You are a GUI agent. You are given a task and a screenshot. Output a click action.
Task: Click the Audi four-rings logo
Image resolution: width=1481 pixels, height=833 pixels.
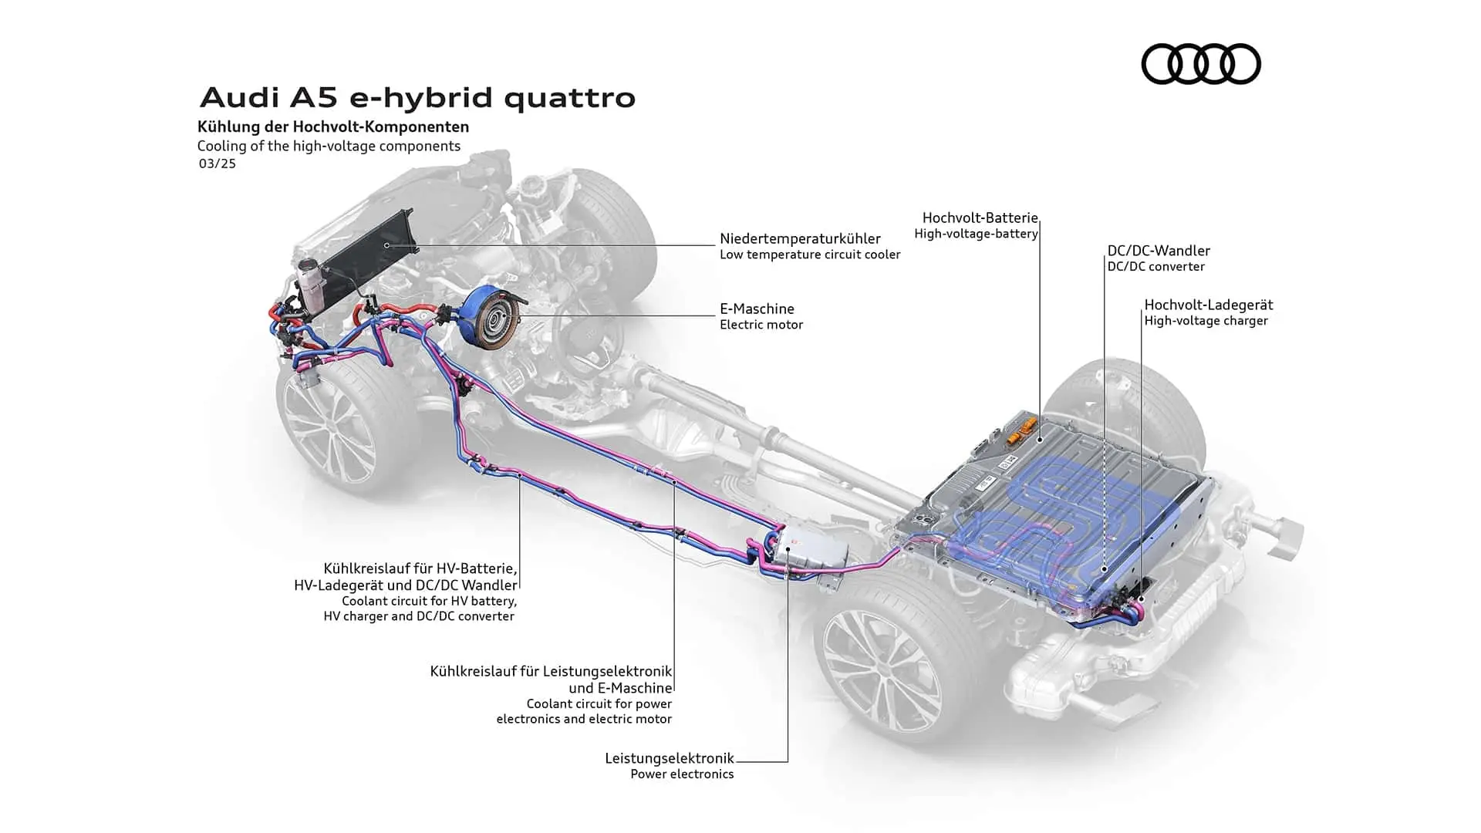[1200, 63]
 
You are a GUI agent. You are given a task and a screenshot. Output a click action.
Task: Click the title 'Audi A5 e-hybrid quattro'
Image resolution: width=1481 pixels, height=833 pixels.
[417, 98]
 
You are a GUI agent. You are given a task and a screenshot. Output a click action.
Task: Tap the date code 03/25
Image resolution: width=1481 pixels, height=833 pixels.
[217, 164]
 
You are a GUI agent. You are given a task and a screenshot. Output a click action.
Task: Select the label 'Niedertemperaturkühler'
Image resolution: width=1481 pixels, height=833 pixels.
[800, 238]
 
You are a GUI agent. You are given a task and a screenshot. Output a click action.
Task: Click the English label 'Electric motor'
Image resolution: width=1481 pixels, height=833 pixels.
[761, 325]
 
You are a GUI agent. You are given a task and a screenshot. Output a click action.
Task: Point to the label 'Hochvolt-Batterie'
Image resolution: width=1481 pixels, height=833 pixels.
[980, 218]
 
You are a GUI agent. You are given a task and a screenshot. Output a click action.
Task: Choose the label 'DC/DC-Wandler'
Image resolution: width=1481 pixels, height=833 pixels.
[1159, 251]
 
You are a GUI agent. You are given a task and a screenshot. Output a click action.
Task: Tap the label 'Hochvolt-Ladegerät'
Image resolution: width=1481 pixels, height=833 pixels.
[1208, 305]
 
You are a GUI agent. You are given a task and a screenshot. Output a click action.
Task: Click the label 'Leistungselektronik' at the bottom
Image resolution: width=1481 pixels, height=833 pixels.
[669, 758]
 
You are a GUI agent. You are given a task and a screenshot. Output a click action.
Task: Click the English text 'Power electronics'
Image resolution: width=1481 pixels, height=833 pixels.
[682, 774]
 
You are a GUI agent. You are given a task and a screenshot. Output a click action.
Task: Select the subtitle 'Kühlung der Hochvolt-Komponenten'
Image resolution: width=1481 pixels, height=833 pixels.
[333, 126]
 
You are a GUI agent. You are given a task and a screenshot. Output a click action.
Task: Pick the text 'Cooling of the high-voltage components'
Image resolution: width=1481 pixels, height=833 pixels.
[329, 147]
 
